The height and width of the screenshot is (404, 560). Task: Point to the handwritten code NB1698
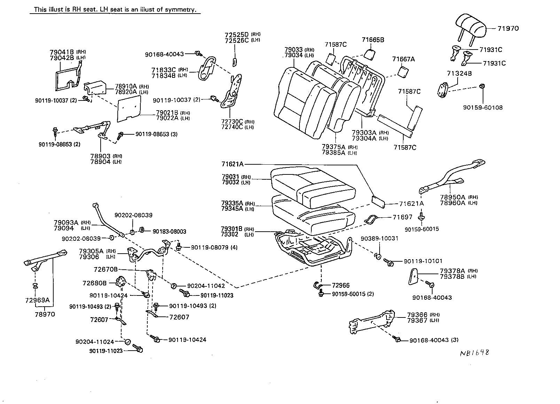coord(474,353)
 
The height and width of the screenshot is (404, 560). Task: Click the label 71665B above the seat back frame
coord(373,40)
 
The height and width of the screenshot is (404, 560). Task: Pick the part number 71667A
coord(403,59)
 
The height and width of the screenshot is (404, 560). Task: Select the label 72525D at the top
coord(236,35)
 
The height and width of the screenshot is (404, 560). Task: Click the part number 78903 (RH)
coord(100,156)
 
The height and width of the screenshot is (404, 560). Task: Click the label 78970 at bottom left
coord(45,314)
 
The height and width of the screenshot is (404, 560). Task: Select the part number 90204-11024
coord(95,342)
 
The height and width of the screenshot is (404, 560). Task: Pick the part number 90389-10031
coord(379,238)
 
